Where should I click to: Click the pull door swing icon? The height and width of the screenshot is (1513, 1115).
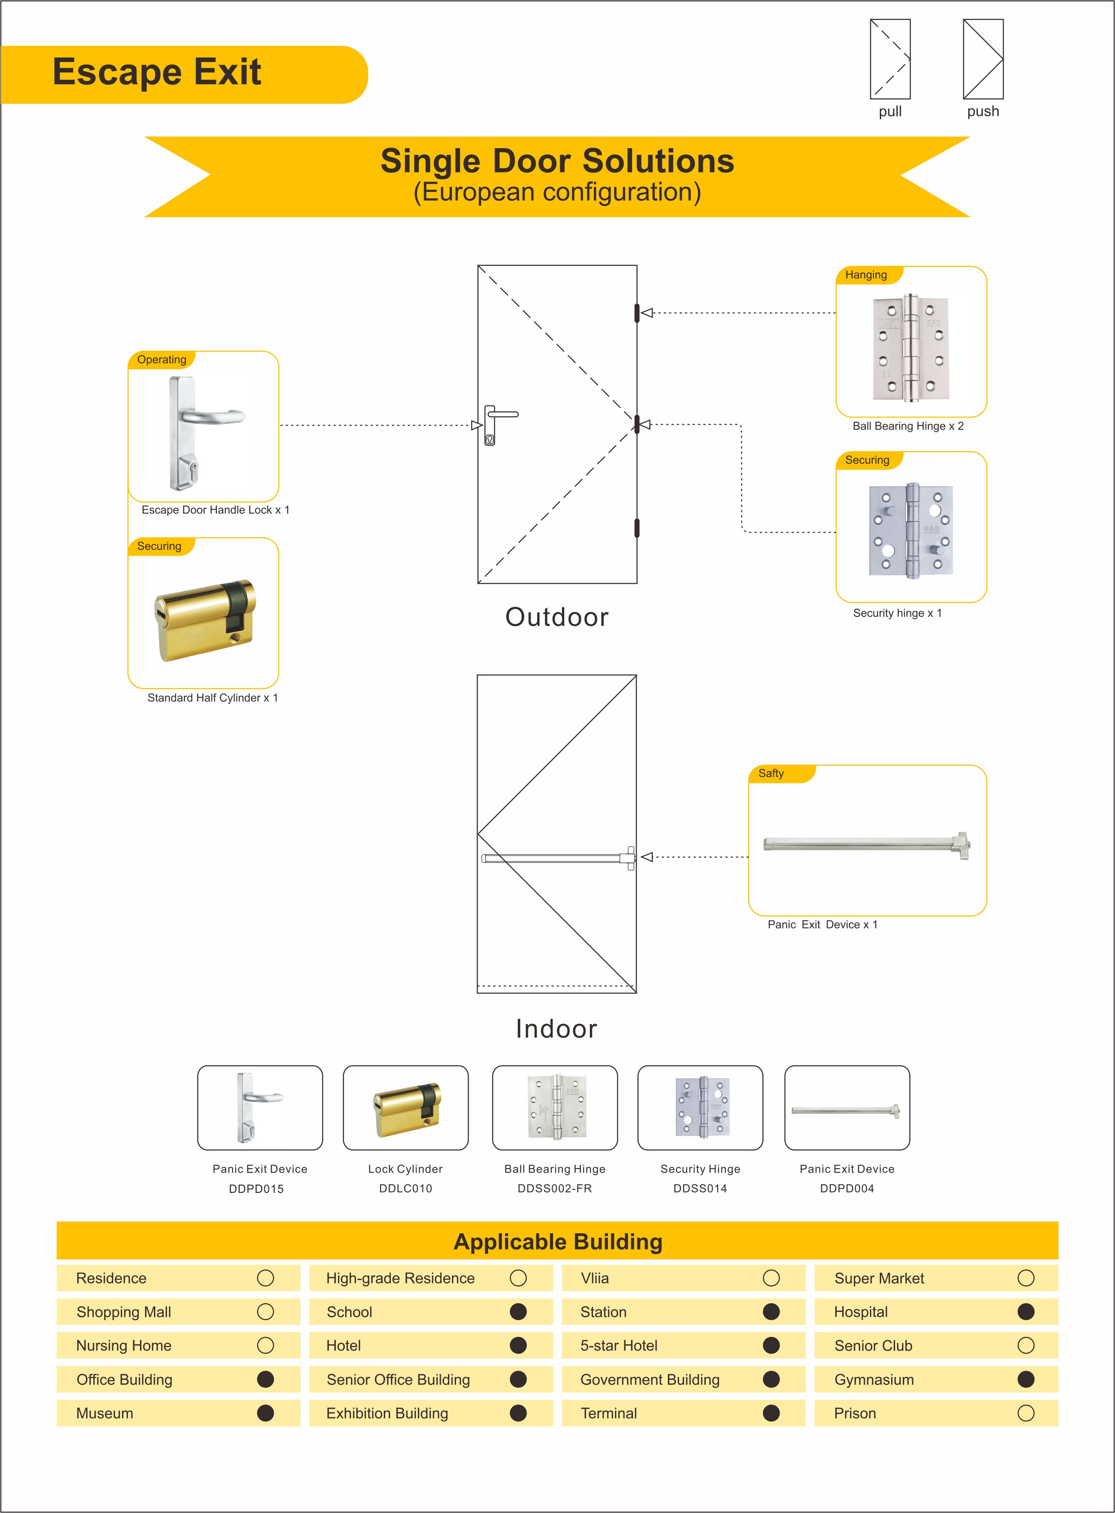(x=890, y=59)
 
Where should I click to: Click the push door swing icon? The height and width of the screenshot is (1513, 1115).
(x=983, y=59)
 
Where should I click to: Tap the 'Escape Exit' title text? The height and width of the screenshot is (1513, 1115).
(x=157, y=72)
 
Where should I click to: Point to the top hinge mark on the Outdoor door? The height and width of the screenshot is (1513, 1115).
(x=637, y=313)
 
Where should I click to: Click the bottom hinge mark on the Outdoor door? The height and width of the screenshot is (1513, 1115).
(x=637, y=528)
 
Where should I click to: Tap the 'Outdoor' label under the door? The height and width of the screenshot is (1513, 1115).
(x=557, y=617)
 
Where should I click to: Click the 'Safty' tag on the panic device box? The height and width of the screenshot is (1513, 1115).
(x=771, y=774)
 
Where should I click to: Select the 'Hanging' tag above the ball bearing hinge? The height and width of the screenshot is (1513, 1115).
(x=866, y=275)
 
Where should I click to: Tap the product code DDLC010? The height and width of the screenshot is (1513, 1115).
(x=405, y=1188)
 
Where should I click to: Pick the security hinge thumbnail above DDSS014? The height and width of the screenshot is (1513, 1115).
(x=701, y=1107)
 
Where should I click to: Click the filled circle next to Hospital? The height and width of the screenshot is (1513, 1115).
(x=1025, y=1312)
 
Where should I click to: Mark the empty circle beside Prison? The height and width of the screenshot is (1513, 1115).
(x=1025, y=1413)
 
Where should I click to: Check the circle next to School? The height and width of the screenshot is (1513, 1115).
(x=518, y=1312)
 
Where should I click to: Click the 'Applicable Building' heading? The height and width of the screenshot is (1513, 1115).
(x=557, y=1241)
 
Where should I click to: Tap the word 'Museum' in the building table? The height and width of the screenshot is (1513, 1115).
(x=105, y=1413)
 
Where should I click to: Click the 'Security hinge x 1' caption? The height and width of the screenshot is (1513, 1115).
(x=897, y=613)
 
